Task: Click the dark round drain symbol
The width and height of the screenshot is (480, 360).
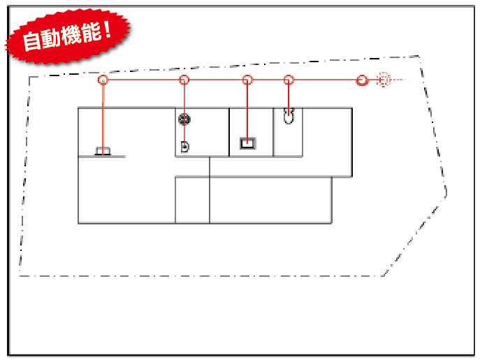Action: tap(184, 119)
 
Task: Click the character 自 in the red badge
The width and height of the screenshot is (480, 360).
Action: tap(32, 41)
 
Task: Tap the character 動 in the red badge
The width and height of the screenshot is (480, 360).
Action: tap(51, 37)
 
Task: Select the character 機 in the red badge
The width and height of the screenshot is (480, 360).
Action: tap(72, 34)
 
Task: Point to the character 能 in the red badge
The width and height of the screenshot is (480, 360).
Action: tap(92, 32)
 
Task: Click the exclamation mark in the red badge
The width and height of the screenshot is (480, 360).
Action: tap(107, 29)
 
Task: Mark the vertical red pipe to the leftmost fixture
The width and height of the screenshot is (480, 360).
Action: tap(103, 117)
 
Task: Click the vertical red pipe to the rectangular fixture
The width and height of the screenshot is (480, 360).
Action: tap(247, 112)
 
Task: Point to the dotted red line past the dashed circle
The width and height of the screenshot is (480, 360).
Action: tap(398, 80)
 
